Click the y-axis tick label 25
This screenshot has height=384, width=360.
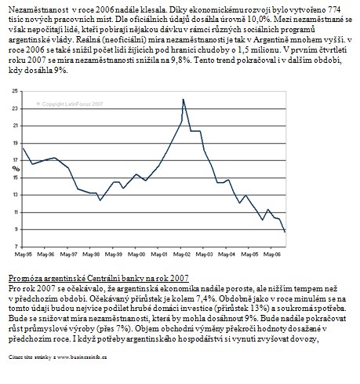pos(15,91)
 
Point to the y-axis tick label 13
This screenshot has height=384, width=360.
pos(15,195)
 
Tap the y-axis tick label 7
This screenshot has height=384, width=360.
pos(16,247)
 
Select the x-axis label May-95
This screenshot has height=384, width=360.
pos(23,254)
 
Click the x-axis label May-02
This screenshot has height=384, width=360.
pos(182,254)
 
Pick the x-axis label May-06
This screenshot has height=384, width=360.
pos(272,254)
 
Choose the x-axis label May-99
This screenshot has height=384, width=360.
pos(114,254)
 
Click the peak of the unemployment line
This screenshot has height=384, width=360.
pos(184,100)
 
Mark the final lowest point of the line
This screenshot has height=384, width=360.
pos(285,232)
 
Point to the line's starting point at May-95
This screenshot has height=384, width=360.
pos(23,148)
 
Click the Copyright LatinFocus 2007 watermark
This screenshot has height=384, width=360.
pos(70,104)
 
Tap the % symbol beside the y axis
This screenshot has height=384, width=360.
pos(16,169)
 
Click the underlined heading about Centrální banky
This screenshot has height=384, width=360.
pos(99,278)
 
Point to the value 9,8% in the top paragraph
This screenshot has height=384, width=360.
pos(182,60)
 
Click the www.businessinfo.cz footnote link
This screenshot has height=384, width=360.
pos(82,357)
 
